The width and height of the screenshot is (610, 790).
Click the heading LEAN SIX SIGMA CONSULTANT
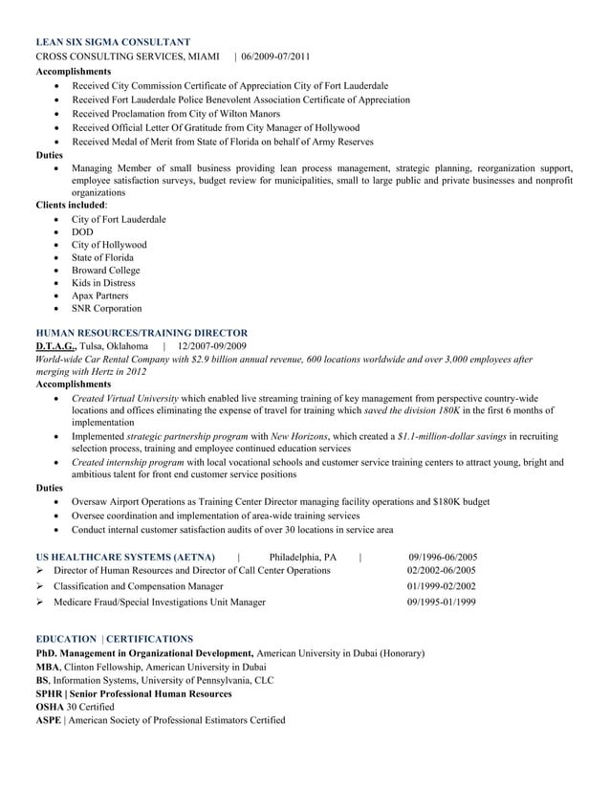coord(112,43)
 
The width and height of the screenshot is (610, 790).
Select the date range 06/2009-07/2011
coord(275,57)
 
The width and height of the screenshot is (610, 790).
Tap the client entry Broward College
coord(105,271)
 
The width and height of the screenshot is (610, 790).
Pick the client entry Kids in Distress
coord(103,283)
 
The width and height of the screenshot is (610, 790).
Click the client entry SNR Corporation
coord(106,309)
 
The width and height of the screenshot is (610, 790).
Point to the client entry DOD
coord(82,232)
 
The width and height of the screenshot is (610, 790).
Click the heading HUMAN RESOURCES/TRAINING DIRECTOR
coord(142,333)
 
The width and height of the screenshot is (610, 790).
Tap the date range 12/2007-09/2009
coord(212,346)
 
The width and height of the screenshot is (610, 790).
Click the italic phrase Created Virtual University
coord(124,398)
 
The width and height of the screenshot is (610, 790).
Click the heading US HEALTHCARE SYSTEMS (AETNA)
coord(125,557)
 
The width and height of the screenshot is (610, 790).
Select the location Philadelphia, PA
coord(303,557)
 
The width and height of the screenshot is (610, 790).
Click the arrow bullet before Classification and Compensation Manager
coord(40,586)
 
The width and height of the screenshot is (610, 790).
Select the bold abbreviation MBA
coord(47,667)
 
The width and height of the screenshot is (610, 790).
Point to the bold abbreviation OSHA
coord(50,707)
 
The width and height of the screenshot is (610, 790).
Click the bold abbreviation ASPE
coord(48,720)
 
